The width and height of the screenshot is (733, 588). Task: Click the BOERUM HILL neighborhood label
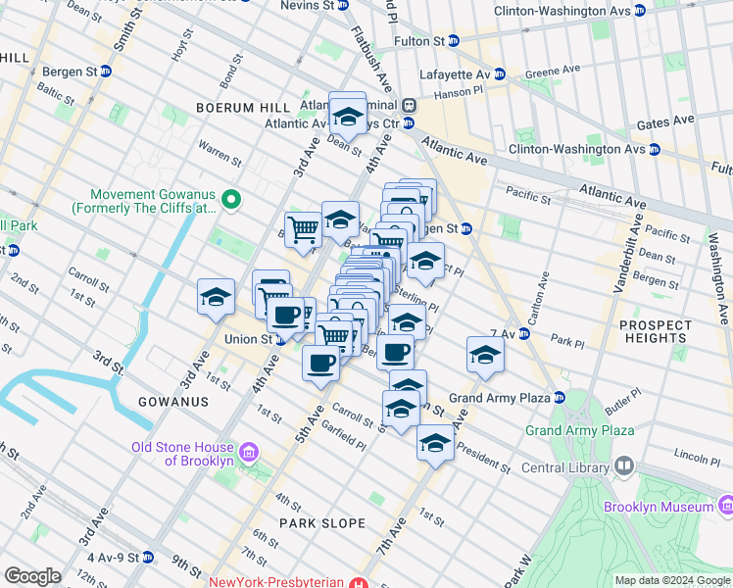[242, 107]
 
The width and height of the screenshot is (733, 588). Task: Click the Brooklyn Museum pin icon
[725, 506]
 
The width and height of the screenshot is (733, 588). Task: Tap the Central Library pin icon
[622, 467]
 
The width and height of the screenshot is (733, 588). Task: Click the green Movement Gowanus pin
[231, 200]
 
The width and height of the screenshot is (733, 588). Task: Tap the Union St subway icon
[280, 340]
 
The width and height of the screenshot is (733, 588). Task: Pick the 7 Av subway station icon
[524, 334]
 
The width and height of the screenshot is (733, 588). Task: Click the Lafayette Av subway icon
[499, 73]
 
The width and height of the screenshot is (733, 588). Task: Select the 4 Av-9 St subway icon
[147, 558]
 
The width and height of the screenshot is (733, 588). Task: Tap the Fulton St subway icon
[454, 41]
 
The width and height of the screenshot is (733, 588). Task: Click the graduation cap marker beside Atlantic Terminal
[347, 117]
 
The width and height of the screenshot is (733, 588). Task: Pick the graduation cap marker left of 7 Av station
[485, 357]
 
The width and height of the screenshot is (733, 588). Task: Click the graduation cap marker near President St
[434, 444]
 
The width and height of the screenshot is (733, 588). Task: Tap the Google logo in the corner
[32, 576]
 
